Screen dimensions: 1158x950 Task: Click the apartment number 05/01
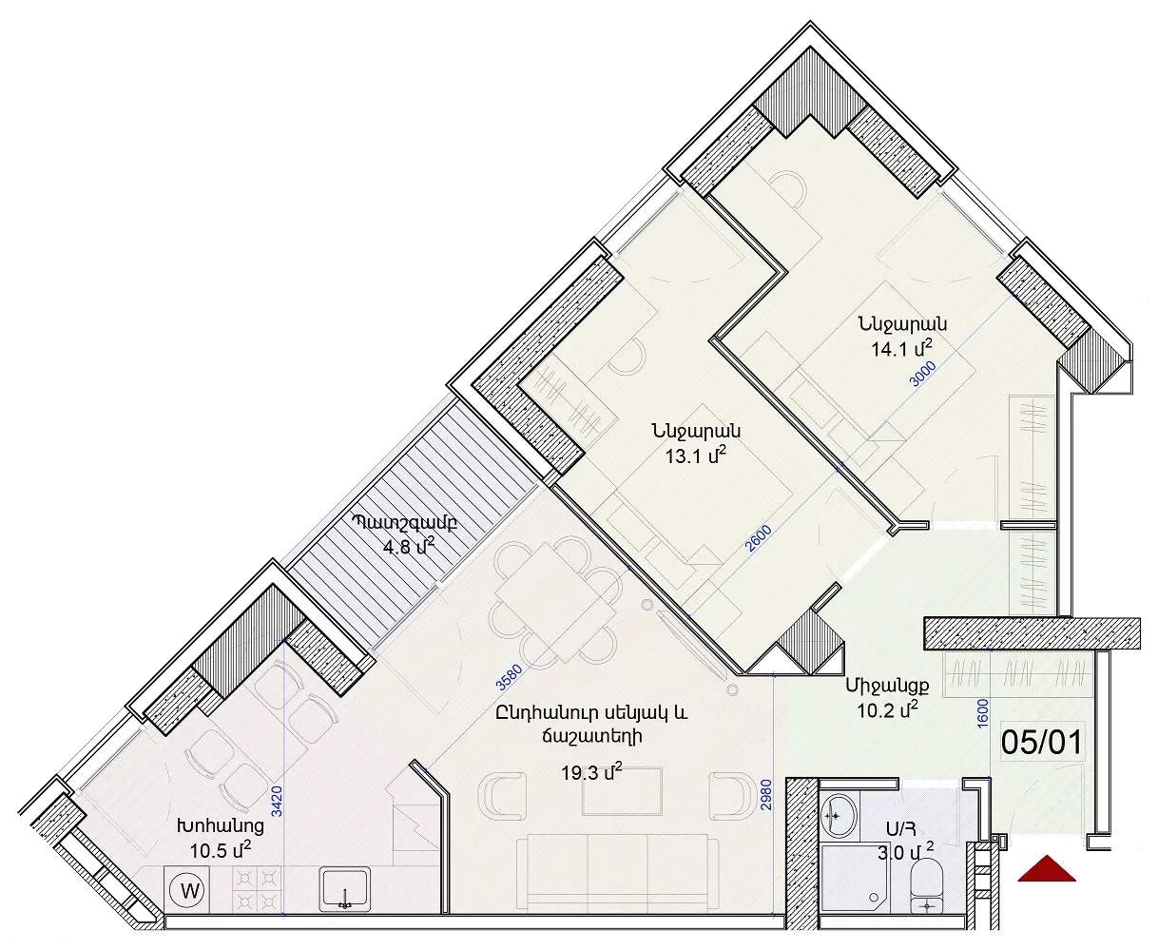pyautogui.click(x=1042, y=742)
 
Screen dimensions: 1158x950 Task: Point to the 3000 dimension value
pyautogui.click(x=922, y=375)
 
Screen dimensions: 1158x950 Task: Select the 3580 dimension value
pyautogui.click(x=509, y=677)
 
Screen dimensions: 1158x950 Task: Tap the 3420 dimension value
pyautogui.click(x=277, y=802)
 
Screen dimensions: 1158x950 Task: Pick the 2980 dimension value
pyautogui.click(x=766, y=795)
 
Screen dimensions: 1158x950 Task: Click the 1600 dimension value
pyautogui.click(x=983, y=714)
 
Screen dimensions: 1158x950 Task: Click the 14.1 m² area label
pyautogui.click(x=902, y=348)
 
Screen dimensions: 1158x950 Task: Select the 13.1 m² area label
pyautogui.click(x=696, y=456)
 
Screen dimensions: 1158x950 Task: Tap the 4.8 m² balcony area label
pyautogui.click(x=409, y=546)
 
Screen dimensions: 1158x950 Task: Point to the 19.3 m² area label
pyautogui.click(x=591, y=772)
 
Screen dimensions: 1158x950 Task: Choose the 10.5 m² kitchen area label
pyautogui.click(x=221, y=850)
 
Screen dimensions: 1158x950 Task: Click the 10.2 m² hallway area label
pyautogui.click(x=888, y=710)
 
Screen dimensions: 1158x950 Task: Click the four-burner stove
pyautogui.click(x=257, y=889)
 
